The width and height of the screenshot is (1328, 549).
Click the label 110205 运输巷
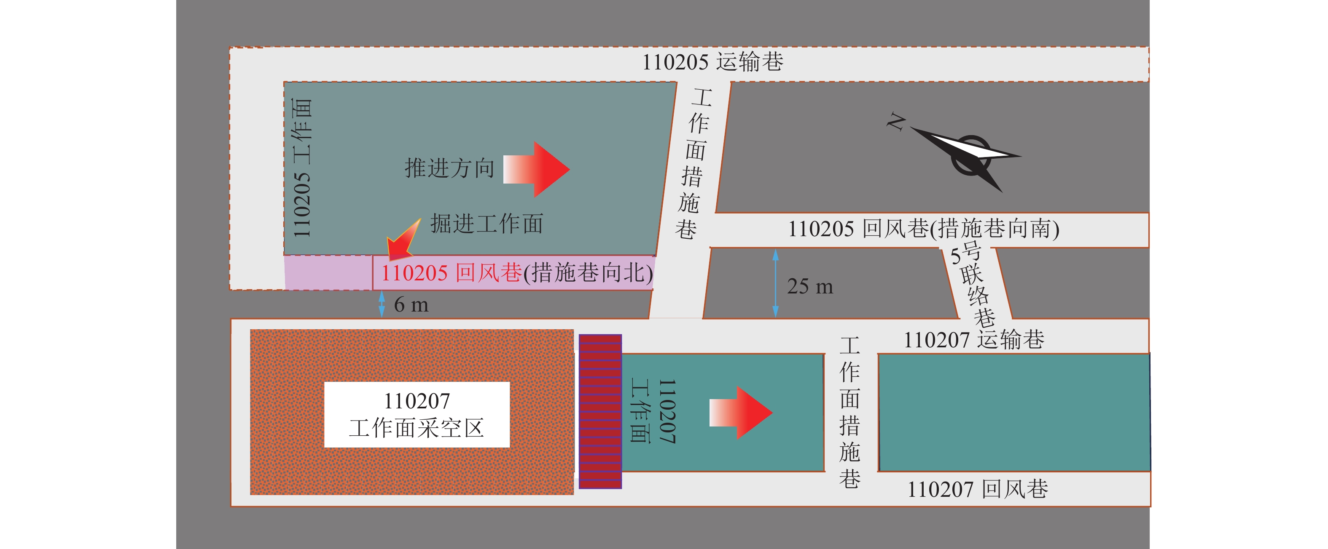tap(712, 62)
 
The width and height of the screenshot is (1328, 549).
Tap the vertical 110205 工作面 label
tap(302, 168)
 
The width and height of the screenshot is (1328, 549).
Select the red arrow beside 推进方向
tap(536, 169)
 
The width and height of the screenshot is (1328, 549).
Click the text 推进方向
tap(449, 168)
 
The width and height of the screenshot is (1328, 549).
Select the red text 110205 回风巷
tap(452, 273)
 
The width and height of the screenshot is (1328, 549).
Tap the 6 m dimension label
tap(411, 305)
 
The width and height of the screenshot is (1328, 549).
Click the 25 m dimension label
tap(810, 286)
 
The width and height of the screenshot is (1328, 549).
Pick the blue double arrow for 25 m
tap(775, 283)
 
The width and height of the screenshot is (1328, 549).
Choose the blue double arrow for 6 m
tap(382, 304)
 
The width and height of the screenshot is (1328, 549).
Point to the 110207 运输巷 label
tap(974, 340)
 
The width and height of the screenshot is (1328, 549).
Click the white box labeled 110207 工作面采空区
tap(417, 415)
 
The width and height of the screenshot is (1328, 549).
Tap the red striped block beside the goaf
tap(600, 411)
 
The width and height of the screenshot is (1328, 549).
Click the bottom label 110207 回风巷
tap(978, 489)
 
